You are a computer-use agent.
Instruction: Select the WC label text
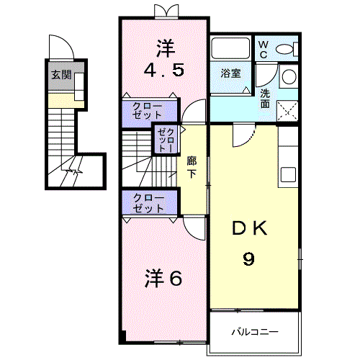(264, 50)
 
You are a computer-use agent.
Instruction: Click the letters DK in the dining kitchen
(249, 230)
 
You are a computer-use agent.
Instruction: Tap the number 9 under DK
(248, 258)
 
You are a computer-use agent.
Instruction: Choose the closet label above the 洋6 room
(147, 203)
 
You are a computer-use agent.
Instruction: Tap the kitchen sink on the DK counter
(288, 174)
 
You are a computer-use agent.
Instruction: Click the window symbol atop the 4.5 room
(165, 9)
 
